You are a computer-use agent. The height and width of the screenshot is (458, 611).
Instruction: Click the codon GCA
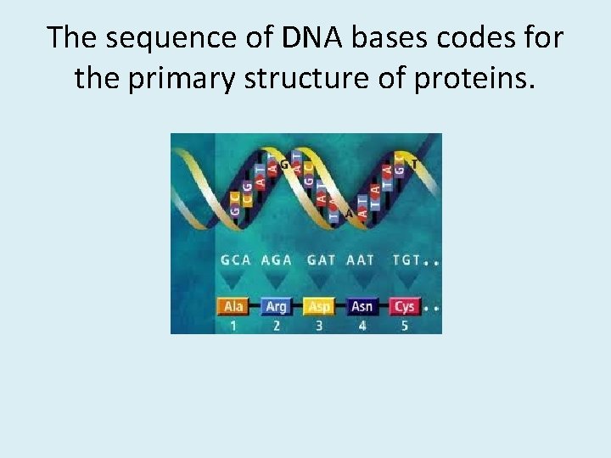click(236, 260)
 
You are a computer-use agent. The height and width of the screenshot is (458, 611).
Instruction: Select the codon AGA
click(277, 260)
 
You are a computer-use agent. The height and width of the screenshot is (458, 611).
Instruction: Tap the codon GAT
click(321, 260)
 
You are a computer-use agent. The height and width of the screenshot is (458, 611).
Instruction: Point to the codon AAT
click(361, 260)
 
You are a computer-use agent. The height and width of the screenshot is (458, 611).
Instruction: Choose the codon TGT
click(406, 260)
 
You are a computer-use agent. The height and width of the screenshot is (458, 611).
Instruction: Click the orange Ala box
click(233, 306)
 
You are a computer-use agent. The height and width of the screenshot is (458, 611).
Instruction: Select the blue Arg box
click(276, 306)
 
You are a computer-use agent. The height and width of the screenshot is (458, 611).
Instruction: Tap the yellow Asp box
click(319, 306)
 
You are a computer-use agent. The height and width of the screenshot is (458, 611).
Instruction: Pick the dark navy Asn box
click(362, 306)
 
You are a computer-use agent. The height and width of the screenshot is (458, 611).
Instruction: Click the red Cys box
click(404, 306)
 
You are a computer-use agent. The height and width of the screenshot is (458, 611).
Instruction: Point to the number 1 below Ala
click(233, 325)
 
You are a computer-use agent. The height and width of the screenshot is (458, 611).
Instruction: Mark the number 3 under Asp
click(319, 325)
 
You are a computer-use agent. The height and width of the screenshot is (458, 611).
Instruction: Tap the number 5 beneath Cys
click(405, 325)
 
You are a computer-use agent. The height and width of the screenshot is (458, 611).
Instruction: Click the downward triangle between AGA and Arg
click(276, 282)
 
